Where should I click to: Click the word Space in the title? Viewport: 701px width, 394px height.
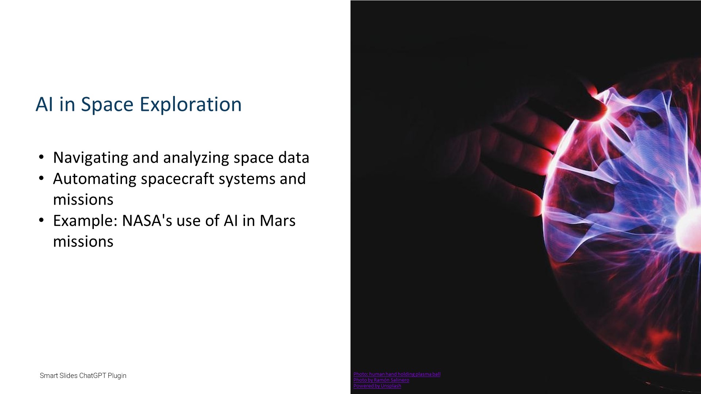pyautogui.click(x=107, y=105)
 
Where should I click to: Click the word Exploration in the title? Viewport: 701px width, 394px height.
pyautogui.click(x=191, y=105)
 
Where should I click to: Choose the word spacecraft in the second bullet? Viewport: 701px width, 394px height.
pyautogui.click(x=177, y=179)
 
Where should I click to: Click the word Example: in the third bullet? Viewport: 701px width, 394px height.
pyautogui.click(x=85, y=221)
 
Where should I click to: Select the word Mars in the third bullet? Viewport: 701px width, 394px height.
pyautogui.click(x=277, y=220)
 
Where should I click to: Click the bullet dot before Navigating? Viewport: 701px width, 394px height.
pyautogui.click(x=41, y=158)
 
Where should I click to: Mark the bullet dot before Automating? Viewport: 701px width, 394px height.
pyautogui.click(x=41, y=179)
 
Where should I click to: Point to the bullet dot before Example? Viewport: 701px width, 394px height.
pyautogui.click(x=41, y=221)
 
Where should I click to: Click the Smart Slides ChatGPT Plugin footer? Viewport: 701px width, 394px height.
pyautogui.click(x=83, y=376)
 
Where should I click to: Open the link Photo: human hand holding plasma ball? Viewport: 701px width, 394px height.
pyautogui.click(x=397, y=374)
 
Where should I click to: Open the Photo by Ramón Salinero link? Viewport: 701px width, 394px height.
pyautogui.click(x=381, y=380)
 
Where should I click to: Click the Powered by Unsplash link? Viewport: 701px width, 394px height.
pyautogui.click(x=377, y=386)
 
